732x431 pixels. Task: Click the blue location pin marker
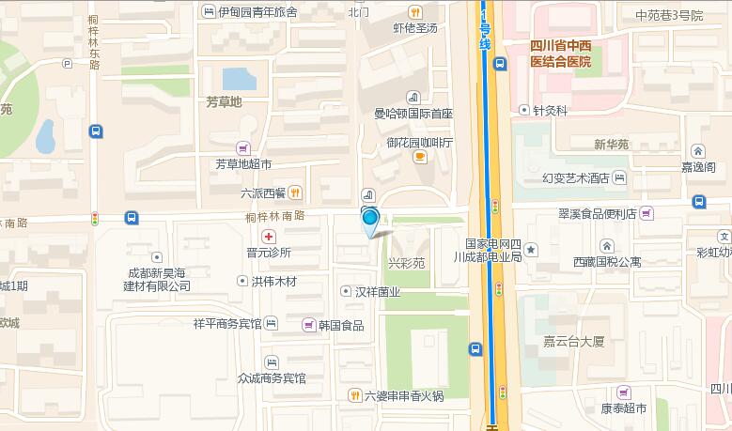pyautogui.click(x=369, y=220)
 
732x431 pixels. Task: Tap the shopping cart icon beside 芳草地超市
pyautogui.click(x=243, y=147)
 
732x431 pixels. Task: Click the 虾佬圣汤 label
pyautogui.click(x=415, y=27)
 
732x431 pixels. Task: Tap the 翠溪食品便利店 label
pyautogui.click(x=597, y=213)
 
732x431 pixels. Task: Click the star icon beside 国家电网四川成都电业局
pyautogui.click(x=531, y=249)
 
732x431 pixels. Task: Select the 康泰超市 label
pyautogui.click(x=624, y=409)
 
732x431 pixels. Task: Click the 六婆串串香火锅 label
pyautogui.click(x=404, y=395)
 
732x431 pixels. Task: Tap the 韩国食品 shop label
pyautogui.click(x=340, y=325)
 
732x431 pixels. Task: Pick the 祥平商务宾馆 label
pyautogui.click(x=226, y=324)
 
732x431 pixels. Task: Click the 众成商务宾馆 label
pyautogui.click(x=272, y=377)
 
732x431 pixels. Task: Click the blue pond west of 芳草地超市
pyautogui.click(x=45, y=137)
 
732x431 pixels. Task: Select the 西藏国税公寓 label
pyautogui.click(x=608, y=262)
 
